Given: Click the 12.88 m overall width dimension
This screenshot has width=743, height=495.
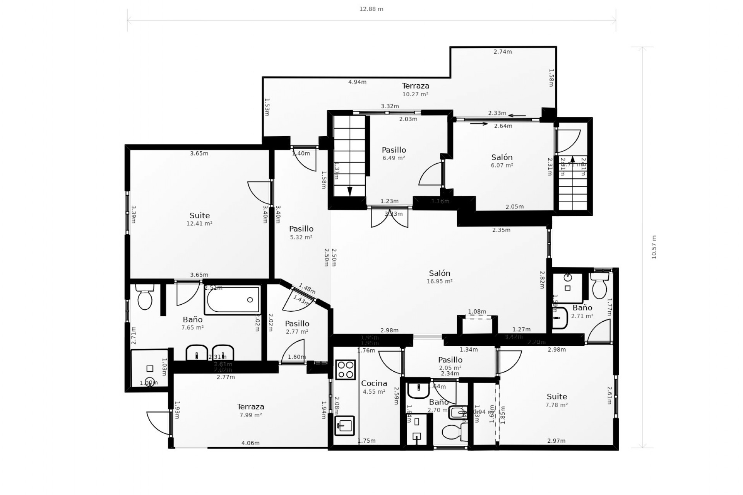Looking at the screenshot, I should [x=371, y=9].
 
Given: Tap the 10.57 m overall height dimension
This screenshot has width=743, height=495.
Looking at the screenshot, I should [x=654, y=247].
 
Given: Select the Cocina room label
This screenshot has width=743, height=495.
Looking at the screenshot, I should [x=374, y=383].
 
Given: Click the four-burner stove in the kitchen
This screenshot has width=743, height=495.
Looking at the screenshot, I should [x=345, y=370].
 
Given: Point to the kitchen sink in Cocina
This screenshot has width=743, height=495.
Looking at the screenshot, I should [x=344, y=425].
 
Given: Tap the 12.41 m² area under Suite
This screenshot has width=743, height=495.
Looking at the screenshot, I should [x=199, y=224].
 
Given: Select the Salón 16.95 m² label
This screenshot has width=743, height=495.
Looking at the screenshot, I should [x=440, y=277].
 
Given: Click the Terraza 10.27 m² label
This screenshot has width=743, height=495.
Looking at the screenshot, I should [x=415, y=89].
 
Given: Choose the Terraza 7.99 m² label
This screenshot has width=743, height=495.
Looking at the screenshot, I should [x=250, y=410].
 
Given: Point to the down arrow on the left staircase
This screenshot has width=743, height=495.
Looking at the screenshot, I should [x=350, y=191].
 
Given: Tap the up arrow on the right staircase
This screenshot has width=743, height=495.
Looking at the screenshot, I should [x=573, y=159].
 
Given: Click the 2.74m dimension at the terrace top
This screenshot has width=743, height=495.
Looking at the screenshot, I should [x=503, y=51].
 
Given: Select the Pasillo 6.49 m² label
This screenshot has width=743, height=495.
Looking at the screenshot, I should [x=394, y=153].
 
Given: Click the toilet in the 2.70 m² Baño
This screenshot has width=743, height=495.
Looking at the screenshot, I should [x=453, y=432].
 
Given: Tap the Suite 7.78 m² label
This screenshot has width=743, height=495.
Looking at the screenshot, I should [x=556, y=400].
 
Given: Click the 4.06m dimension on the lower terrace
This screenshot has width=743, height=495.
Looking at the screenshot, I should [x=250, y=443].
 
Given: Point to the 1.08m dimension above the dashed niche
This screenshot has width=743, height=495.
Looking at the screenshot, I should [x=477, y=312].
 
